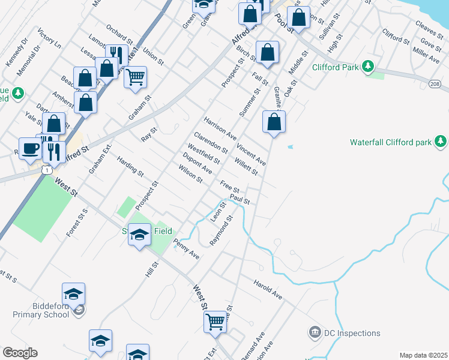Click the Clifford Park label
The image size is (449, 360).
click(x=335, y=67)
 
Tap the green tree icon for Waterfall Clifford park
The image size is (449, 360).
click(x=441, y=142)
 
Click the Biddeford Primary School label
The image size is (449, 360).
click(x=41, y=314)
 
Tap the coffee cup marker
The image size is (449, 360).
click(x=30, y=148)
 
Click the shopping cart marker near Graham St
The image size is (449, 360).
click(x=136, y=76)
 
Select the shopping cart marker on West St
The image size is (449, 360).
click(x=215, y=322)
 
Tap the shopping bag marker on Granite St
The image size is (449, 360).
click(x=274, y=122)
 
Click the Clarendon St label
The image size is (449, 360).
click(x=210, y=142)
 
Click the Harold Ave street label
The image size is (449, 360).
click(x=267, y=289)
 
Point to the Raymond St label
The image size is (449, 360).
click(x=221, y=232)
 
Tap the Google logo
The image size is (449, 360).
click(x=20, y=353)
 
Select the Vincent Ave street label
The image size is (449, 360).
click(x=251, y=154)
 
